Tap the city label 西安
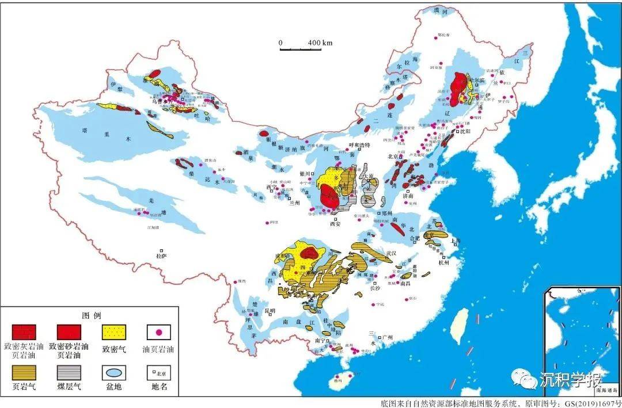pos(335,224)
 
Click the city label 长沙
pos(374,288)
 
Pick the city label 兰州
pos(295,203)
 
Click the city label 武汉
pos(392,253)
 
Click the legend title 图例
pos(92,315)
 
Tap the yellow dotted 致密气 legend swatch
pos(114,331)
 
